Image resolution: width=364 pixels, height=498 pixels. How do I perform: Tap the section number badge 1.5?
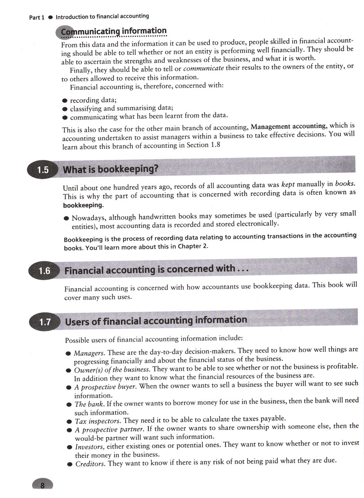pos(43,170)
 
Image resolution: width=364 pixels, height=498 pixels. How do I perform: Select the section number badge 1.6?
pos(44,271)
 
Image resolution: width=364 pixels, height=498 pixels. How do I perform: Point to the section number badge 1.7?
pos(45,322)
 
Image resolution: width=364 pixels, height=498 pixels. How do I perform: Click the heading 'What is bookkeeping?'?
pos(111,169)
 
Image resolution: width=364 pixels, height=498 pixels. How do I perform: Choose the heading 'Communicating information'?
pos(114,31)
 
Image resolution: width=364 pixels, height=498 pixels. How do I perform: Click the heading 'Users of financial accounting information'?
pos(156,321)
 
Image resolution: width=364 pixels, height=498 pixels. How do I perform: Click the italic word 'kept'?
pos(288,184)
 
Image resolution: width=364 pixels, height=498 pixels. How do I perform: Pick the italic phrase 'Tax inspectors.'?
pos(98,421)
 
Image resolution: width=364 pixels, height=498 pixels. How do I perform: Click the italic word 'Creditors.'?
pos(90,464)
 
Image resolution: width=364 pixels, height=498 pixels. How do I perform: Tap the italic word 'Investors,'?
pos(90,447)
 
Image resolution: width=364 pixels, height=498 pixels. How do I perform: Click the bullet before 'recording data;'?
pos(65,100)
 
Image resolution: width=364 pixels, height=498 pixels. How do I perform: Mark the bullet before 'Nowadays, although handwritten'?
pos(66,219)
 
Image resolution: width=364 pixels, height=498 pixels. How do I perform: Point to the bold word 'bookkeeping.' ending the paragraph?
pos(83,205)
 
